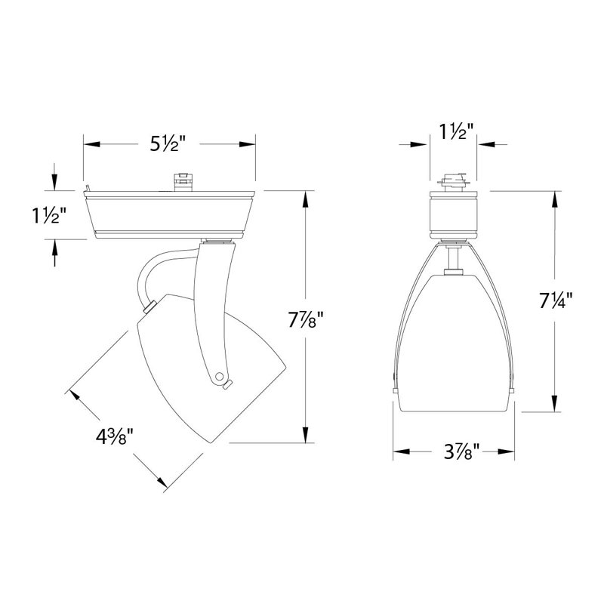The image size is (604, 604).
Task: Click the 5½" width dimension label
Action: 168,144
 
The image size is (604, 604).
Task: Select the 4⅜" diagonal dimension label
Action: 115,437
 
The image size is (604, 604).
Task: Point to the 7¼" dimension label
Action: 556,300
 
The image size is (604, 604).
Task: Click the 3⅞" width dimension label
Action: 461,451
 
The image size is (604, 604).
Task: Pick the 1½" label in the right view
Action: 454,131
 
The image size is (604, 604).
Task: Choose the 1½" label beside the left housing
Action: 46,215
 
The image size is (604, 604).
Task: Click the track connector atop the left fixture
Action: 183,181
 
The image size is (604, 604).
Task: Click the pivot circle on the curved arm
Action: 220,376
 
